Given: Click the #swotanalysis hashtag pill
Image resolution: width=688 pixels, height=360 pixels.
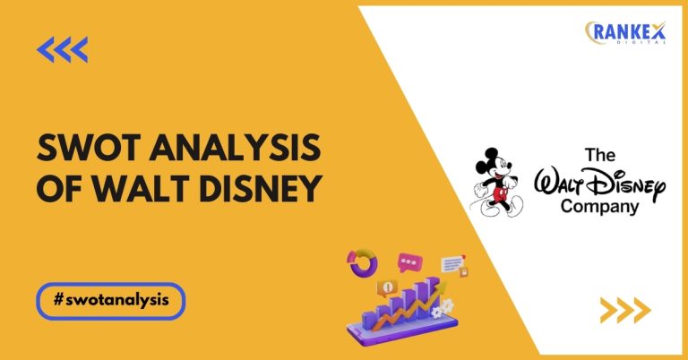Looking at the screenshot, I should pyautogui.click(x=112, y=302).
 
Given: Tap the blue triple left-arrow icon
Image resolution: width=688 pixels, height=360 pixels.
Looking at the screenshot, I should pyautogui.click(x=63, y=50).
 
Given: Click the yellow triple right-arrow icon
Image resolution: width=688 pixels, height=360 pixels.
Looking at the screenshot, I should pyautogui.click(x=624, y=310).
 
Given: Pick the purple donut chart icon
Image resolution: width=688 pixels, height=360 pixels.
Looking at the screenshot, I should pyautogui.click(x=363, y=263).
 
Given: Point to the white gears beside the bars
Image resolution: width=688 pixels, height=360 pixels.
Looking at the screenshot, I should pyautogui.click(x=439, y=310).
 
